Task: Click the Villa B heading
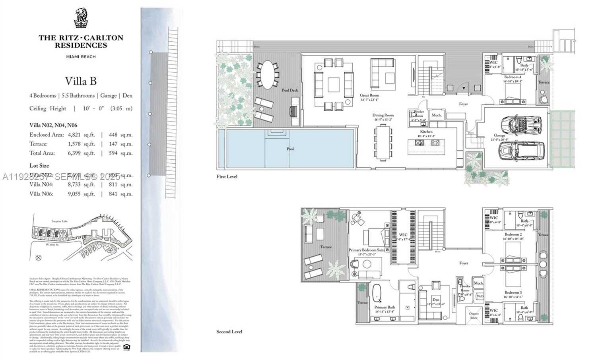(81, 81)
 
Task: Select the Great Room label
(369, 95)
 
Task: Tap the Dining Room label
(383, 115)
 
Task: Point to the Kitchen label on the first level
(426, 132)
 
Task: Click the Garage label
(499, 135)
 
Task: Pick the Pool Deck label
(290, 90)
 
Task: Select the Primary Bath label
(384, 307)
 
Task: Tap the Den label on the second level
(436, 300)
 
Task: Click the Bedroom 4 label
(513, 77)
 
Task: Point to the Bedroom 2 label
(513, 235)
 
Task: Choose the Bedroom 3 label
(513, 292)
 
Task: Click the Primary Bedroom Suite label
(367, 250)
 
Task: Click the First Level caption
(227, 176)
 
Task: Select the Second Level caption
(229, 331)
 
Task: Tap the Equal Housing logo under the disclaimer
(126, 346)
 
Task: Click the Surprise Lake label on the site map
(60, 221)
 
